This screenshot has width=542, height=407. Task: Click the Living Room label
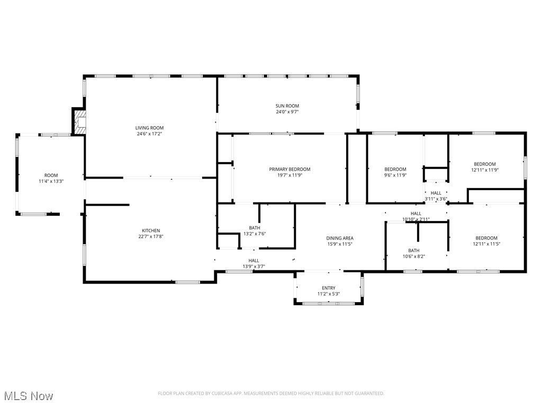tap(149, 128)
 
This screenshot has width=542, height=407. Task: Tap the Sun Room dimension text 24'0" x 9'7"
tap(287, 112)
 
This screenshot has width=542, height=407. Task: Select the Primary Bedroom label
tap(290, 169)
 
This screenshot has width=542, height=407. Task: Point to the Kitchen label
tap(151, 231)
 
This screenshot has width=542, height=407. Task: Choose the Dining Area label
tap(340, 238)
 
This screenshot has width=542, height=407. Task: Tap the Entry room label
tap(329, 288)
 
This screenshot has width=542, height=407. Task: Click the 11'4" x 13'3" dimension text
tap(51, 181)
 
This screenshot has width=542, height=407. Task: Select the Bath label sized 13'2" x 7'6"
tap(255, 228)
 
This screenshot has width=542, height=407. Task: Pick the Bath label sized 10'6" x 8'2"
tap(414, 251)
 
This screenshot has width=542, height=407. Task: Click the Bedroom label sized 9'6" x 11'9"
tap(395, 169)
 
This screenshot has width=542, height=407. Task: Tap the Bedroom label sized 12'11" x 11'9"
tap(485, 164)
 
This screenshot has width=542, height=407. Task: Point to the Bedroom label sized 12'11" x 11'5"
tap(486, 238)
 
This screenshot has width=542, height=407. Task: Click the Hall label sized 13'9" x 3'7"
tap(254, 261)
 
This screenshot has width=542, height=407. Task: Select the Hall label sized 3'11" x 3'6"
tap(436, 193)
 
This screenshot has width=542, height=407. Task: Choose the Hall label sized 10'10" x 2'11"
tap(416, 214)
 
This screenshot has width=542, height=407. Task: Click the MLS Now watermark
tap(29, 396)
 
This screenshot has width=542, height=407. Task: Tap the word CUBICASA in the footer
tap(223, 394)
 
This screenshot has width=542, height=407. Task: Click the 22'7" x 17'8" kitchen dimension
tap(151, 236)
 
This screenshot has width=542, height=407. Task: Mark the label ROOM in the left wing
tap(51, 175)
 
